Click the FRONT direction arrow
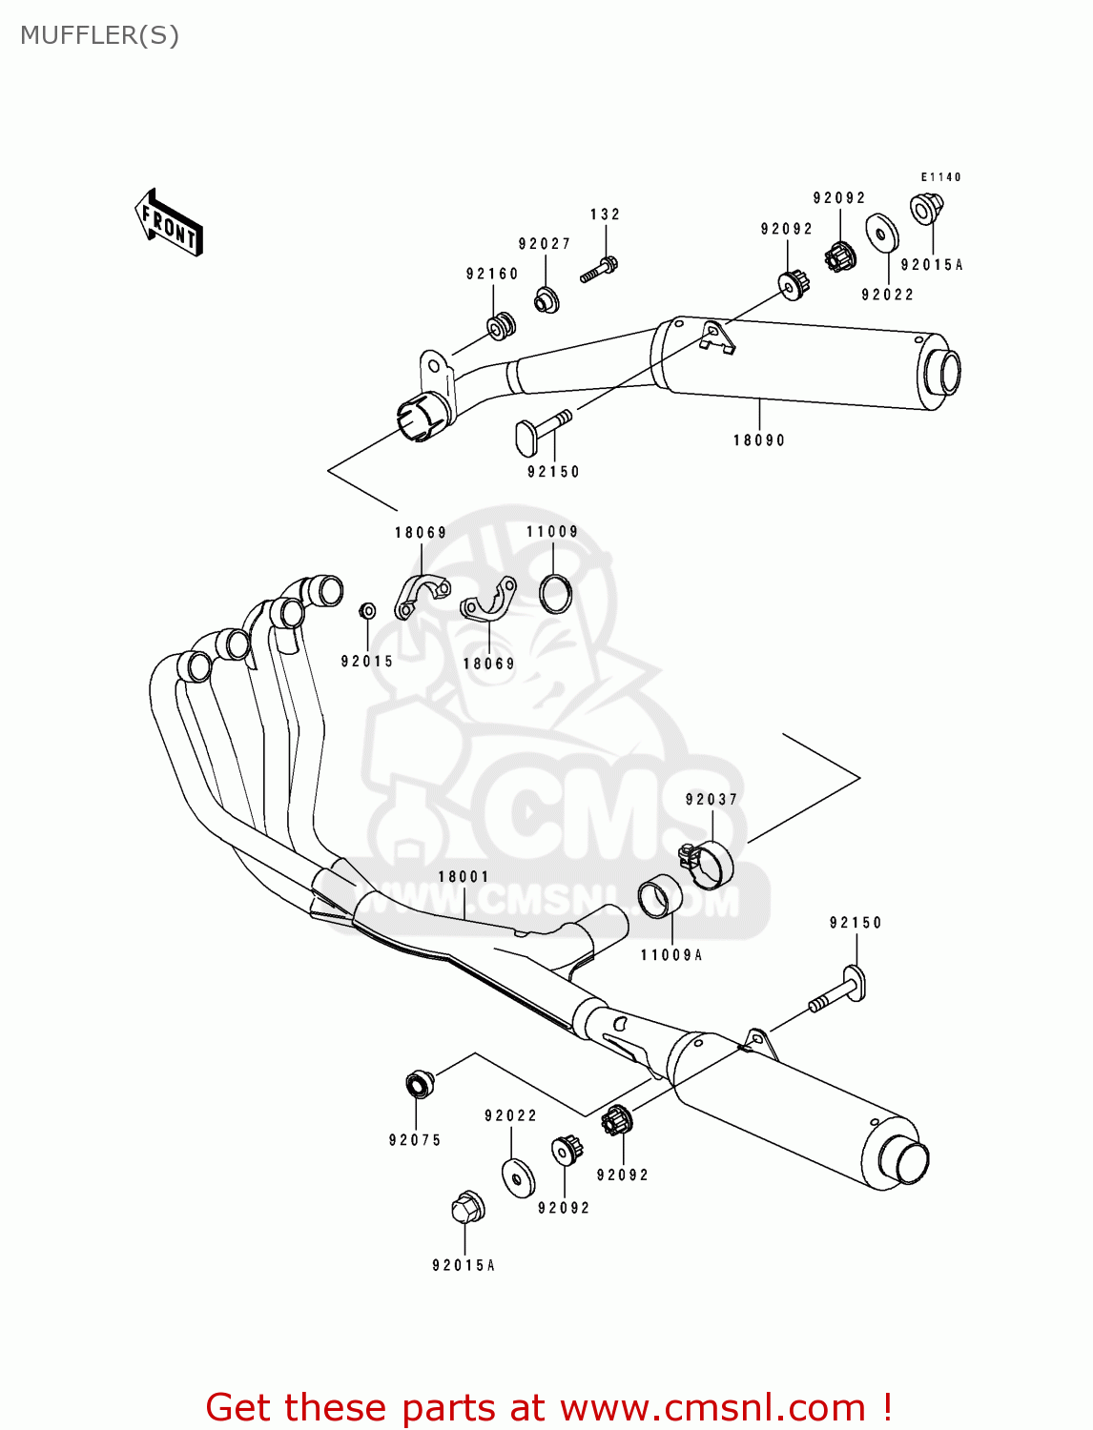[x=169, y=222]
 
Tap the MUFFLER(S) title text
[x=99, y=35]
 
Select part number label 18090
[x=758, y=440]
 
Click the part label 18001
[x=464, y=877]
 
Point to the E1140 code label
[x=940, y=176]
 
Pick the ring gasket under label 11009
[x=556, y=593]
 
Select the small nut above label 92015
[x=367, y=610]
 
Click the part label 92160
[x=492, y=274]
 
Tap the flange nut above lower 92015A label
[x=466, y=1208]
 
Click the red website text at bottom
[x=548, y=1407]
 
